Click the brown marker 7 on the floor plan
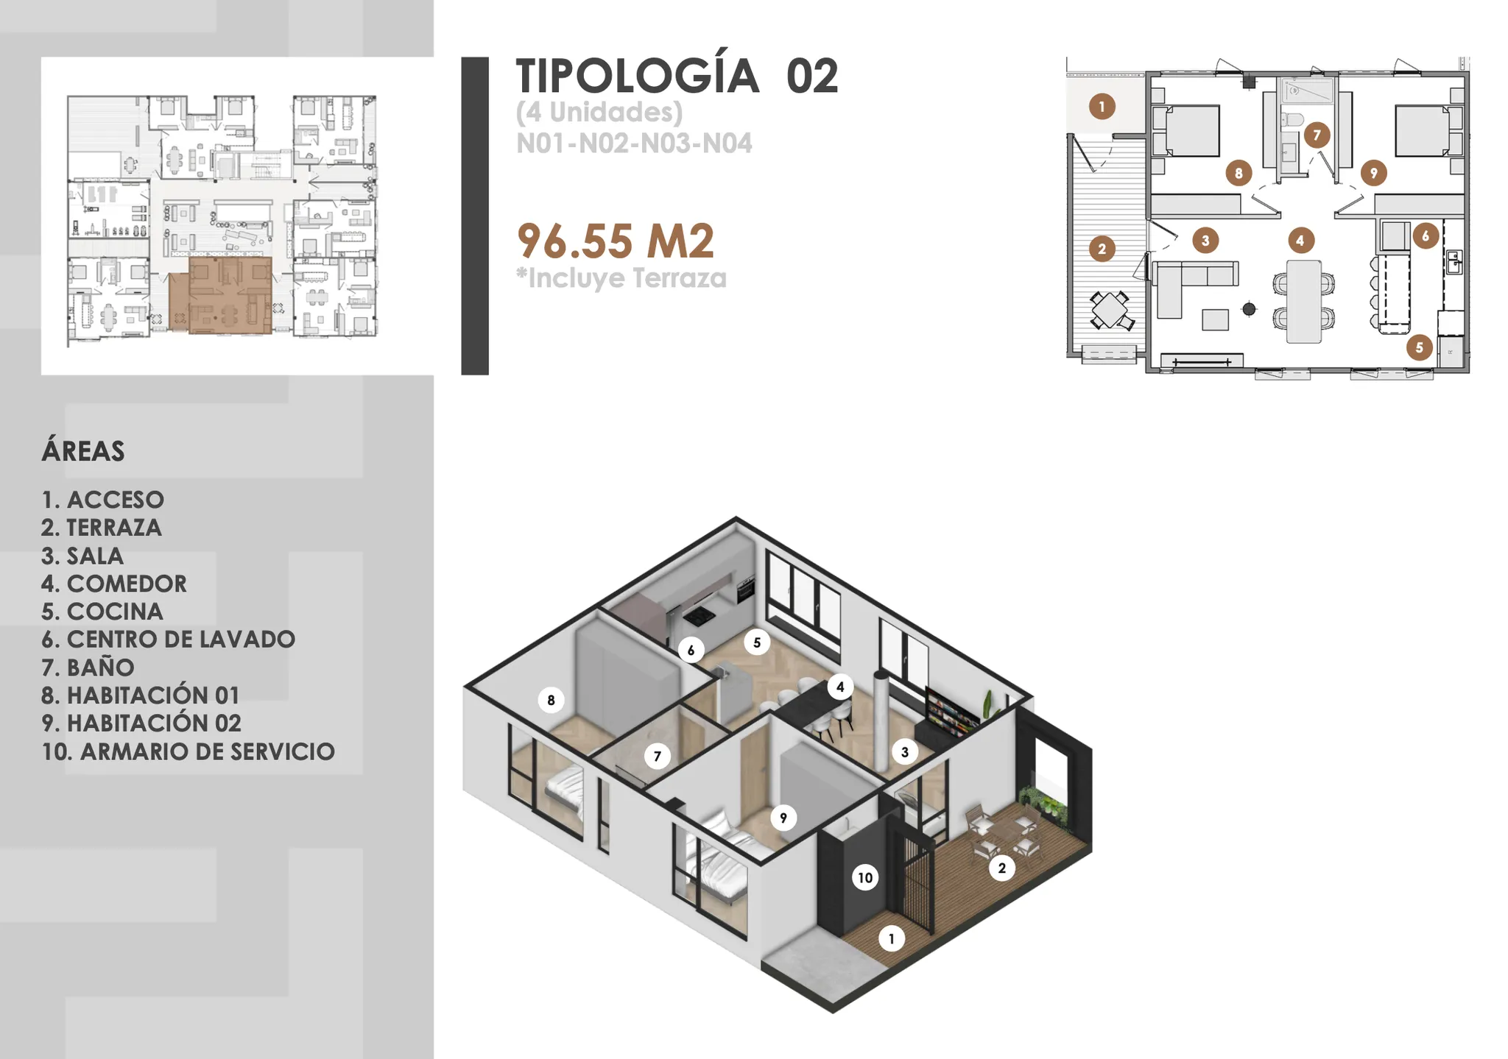pyautogui.click(x=1317, y=135)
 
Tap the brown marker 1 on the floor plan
pyautogui.click(x=1102, y=107)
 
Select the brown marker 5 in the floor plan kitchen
pyautogui.click(x=1419, y=347)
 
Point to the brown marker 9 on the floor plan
pyautogui.click(x=1373, y=173)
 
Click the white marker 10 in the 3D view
pyautogui.click(x=865, y=877)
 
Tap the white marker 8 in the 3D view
pyautogui.click(x=551, y=700)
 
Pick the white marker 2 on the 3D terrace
pyautogui.click(x=1001, y=868)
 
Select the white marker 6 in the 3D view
pyautogui.click(x=691, y=650)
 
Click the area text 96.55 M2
pyautogui.click(x=616, y=241)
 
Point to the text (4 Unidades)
pyautogui.click(x=599, y=112)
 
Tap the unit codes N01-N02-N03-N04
pyautogui.click(x=634, y=143)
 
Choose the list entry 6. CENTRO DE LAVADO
pyautogui.click(x=168, y=639)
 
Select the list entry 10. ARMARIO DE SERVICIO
pyautogui.click(x=188, y=751)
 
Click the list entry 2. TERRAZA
pyautogui.click(x=102, y=528)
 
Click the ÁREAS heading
pyautogui.click(x=83, y=450)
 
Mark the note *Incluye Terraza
pyautogui.click(x=621, y=278)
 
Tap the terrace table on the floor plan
pyautogui.click(x=1109, y=310)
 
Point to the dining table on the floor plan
pyautogui.click(x=1303, y=301)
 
